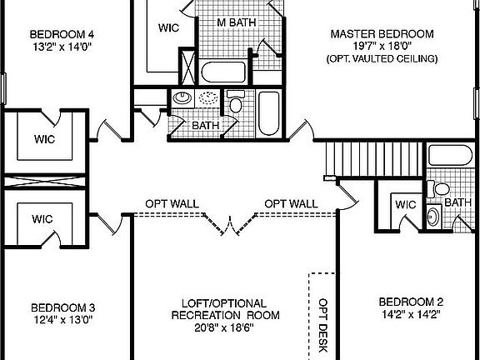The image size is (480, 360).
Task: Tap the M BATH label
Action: coord(237,22)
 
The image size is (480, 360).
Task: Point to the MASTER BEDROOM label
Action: coord(382,34)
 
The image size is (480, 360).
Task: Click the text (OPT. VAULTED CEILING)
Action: coord(382,60)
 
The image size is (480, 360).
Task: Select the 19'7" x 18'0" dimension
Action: coord(382,47)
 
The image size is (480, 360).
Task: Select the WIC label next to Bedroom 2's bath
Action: coord(406,204)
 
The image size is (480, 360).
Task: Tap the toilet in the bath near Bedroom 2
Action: coord(433,217)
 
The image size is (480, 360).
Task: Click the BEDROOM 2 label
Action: coord(410,302)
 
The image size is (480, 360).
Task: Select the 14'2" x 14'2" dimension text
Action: coord(410,315)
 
